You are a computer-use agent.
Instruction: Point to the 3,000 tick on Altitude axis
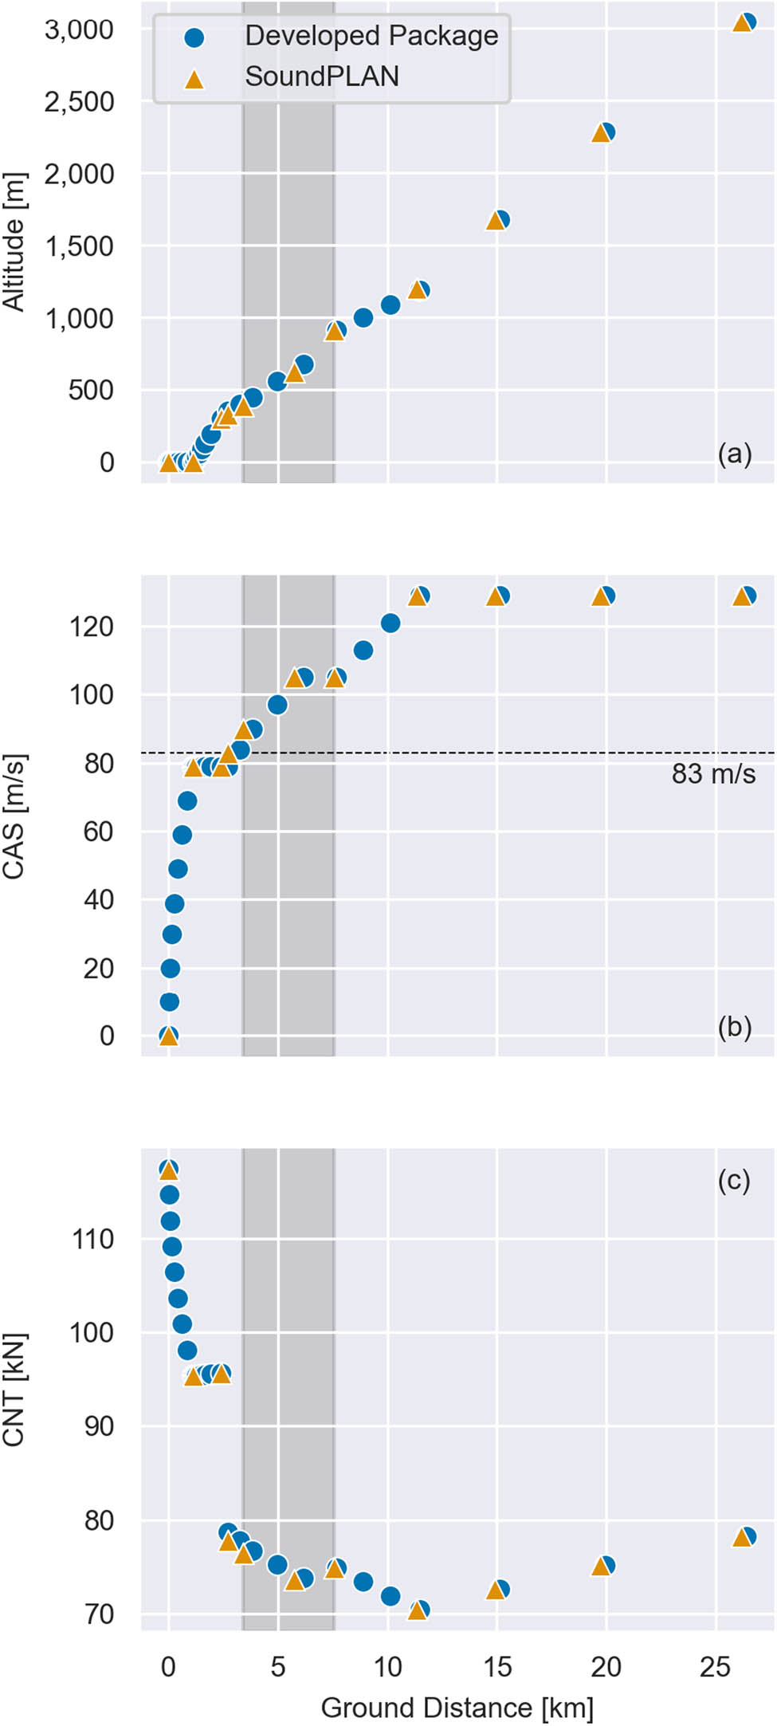[80, 29]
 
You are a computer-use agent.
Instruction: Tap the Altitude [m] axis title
[14, 241]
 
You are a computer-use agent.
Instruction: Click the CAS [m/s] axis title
[14, 816]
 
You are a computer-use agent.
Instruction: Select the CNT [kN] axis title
[14, 1390]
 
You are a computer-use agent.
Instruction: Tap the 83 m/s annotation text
[713, 774]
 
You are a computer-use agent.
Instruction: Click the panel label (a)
[734, 454]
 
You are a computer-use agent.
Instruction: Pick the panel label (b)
[734, 1027]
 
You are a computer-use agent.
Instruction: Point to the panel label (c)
[734, 1180]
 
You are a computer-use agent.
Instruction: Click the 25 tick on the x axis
[715, 1667]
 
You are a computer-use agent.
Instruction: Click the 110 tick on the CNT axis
[93, 1240]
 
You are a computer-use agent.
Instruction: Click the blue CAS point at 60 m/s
[182, 835]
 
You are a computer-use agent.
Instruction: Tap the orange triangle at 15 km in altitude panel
[495, 221]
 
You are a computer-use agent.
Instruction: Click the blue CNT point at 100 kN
[182, 1324]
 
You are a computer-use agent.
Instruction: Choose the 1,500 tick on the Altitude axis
[80, 246]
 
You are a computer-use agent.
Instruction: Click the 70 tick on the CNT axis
[100, 1614]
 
